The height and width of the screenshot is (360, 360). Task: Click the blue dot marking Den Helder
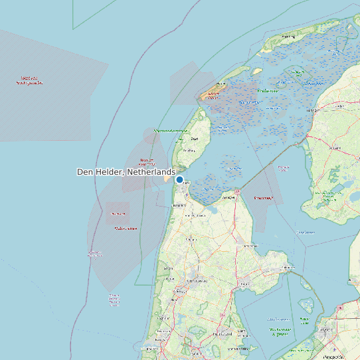(x=179, y=179)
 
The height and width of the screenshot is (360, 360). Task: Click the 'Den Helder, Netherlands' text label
(x=126, y=172)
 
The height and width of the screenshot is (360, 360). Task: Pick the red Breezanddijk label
(x=264, y=198)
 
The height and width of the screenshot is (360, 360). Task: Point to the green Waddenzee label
(x=266, y=90)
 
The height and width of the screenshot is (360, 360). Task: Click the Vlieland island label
(x=213, y=95)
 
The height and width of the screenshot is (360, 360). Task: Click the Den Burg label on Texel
(x=195, y=139)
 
